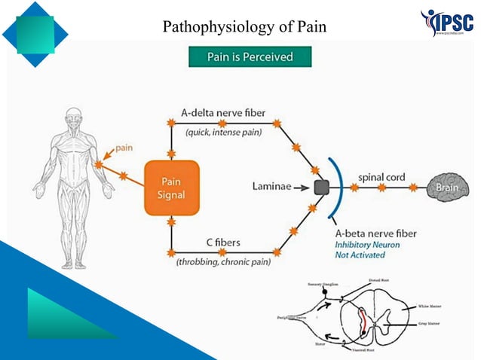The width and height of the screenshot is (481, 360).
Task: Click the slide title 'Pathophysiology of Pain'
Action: click(x=245, y=29)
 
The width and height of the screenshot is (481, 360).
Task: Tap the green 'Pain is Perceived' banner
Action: click(x=250, y=57)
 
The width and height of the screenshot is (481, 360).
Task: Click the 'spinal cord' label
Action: click(x=381, y=177)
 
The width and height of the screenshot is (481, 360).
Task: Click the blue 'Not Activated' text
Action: click(x=360, y=255)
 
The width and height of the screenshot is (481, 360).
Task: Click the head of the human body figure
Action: click(x=73, y=117)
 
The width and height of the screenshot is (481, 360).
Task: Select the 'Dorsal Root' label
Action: click(x=379, y=280)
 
